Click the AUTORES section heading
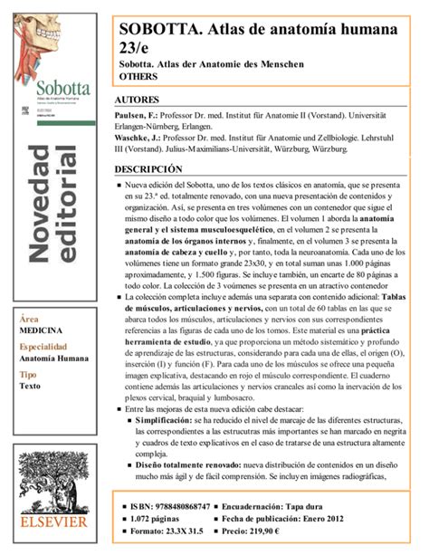[138, 99]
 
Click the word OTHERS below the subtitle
[138, 77]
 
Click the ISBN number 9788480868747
[182, 505]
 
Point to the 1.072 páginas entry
[164, 520]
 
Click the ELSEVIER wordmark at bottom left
[53, 522]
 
